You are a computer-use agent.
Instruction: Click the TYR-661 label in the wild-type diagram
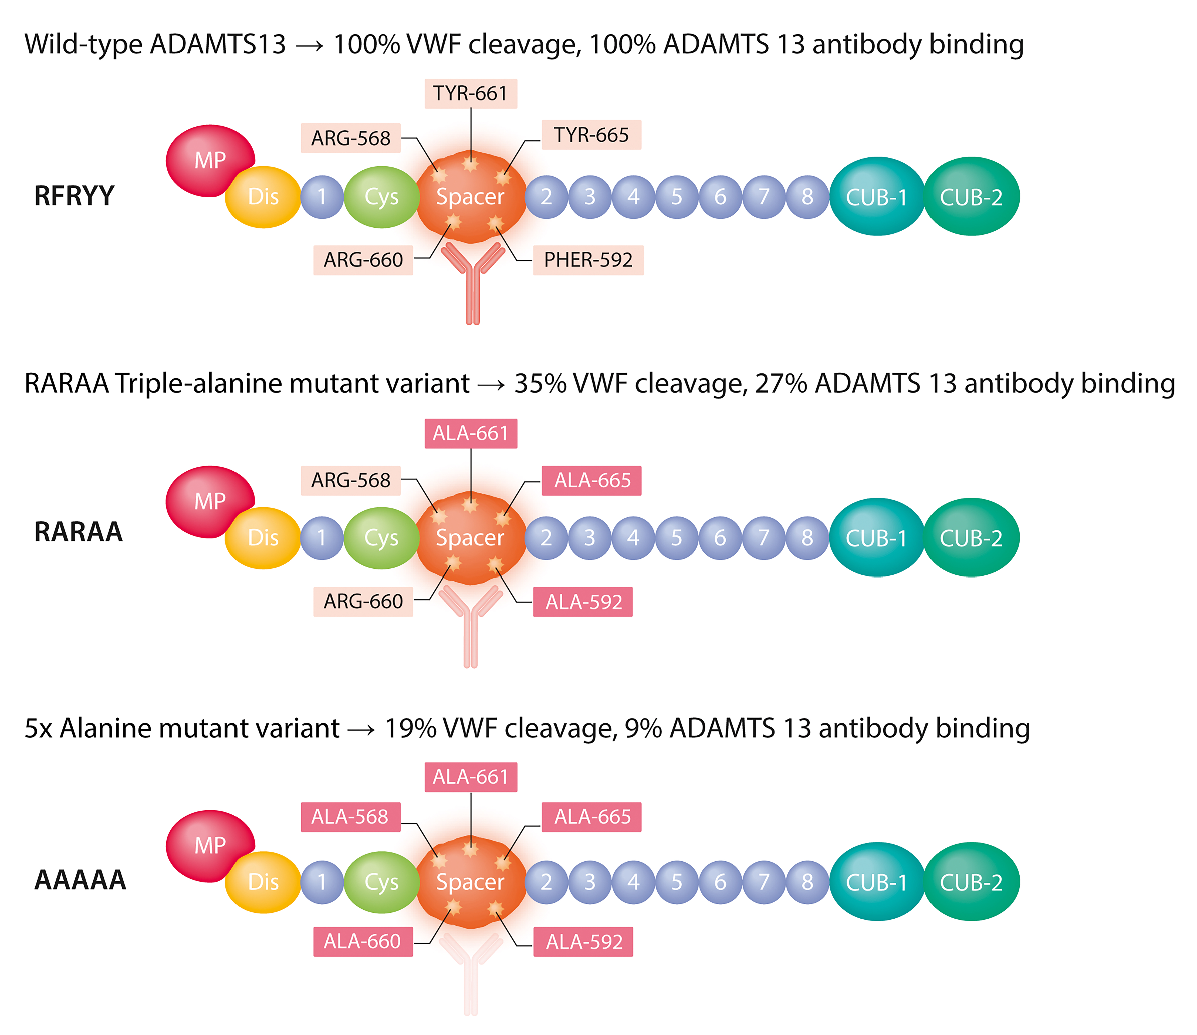point(470,94)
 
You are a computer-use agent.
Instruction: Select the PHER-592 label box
point(588,260)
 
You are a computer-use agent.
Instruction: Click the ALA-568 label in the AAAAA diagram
point(350,817)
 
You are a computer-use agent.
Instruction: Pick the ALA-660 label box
point(363,941)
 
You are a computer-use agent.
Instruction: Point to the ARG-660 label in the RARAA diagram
point(363,602)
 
